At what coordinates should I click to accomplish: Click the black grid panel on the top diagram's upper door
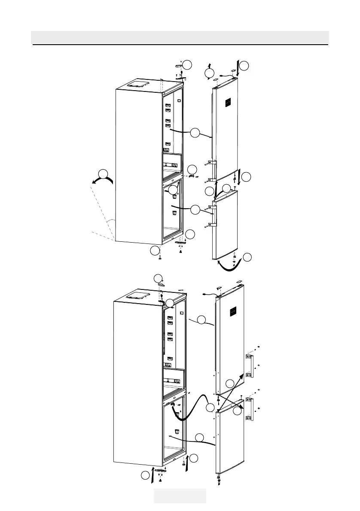click(228, 103)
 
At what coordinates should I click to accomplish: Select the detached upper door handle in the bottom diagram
click(249, 365)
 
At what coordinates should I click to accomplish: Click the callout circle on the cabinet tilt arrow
click(103, 174)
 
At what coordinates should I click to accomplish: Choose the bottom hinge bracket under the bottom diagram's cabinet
click(160, 471)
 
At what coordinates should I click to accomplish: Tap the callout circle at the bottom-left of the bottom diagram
click(146, 476)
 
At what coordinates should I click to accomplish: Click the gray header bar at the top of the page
click(180, 37)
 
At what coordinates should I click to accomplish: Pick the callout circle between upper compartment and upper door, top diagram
click(195, 133)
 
